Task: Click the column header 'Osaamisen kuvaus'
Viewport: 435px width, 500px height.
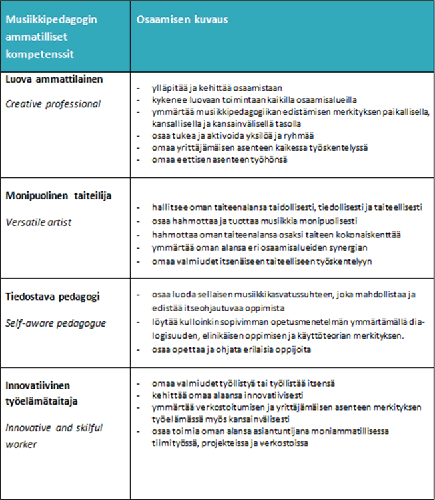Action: click(x=182, y=20)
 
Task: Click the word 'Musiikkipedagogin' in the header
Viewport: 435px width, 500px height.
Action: click(x=51, y=19)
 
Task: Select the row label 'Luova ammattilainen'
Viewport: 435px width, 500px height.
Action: click(x=54, y=79)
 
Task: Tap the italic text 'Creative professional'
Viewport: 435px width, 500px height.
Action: click(x=53, y=103)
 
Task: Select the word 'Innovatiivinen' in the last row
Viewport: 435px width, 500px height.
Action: click(x=39, y=385)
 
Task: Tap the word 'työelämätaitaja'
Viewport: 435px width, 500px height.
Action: click(x=43, y=400)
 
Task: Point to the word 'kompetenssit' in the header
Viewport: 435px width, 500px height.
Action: click(x=40, y=52)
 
